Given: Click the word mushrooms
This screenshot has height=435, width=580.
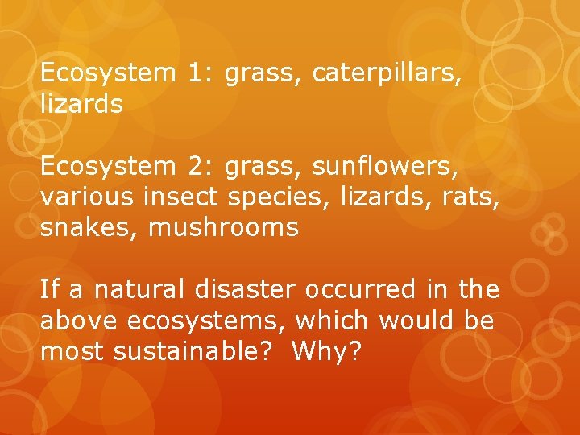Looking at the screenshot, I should [224, 228].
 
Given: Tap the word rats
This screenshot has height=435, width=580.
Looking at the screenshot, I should [468, 197].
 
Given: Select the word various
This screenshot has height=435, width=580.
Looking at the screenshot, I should [88, 197].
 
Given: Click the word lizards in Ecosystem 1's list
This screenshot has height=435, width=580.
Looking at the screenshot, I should [81, 104].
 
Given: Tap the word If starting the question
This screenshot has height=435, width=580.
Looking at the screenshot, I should [48, 288].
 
